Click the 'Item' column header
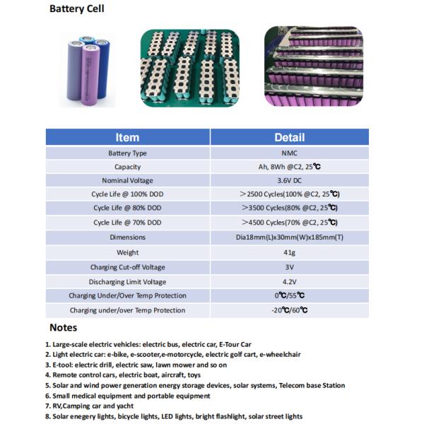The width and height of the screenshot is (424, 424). coord(127,137)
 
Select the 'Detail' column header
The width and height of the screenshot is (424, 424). coord(289,137)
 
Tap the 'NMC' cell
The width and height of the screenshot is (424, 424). coord(289,153)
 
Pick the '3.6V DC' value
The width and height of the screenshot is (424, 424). coord(289,181)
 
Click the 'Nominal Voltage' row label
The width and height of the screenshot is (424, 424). coord(127,181)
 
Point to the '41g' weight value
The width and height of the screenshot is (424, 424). coord(289,252)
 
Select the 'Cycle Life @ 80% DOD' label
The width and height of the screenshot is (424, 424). coord(127,208)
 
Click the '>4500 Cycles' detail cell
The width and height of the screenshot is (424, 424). coord(289,223)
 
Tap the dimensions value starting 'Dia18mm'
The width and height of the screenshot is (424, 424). coord(289,237)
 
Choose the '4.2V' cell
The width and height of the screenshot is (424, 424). coord(289,281)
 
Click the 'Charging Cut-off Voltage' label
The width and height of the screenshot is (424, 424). coord(127,267)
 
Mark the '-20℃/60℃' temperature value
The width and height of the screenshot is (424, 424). coord(289,310)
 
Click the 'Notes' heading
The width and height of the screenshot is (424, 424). coord(63,328)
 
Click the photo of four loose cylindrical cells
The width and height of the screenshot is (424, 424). coord(88,69)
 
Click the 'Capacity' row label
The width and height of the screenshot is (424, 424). coord(127,167)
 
